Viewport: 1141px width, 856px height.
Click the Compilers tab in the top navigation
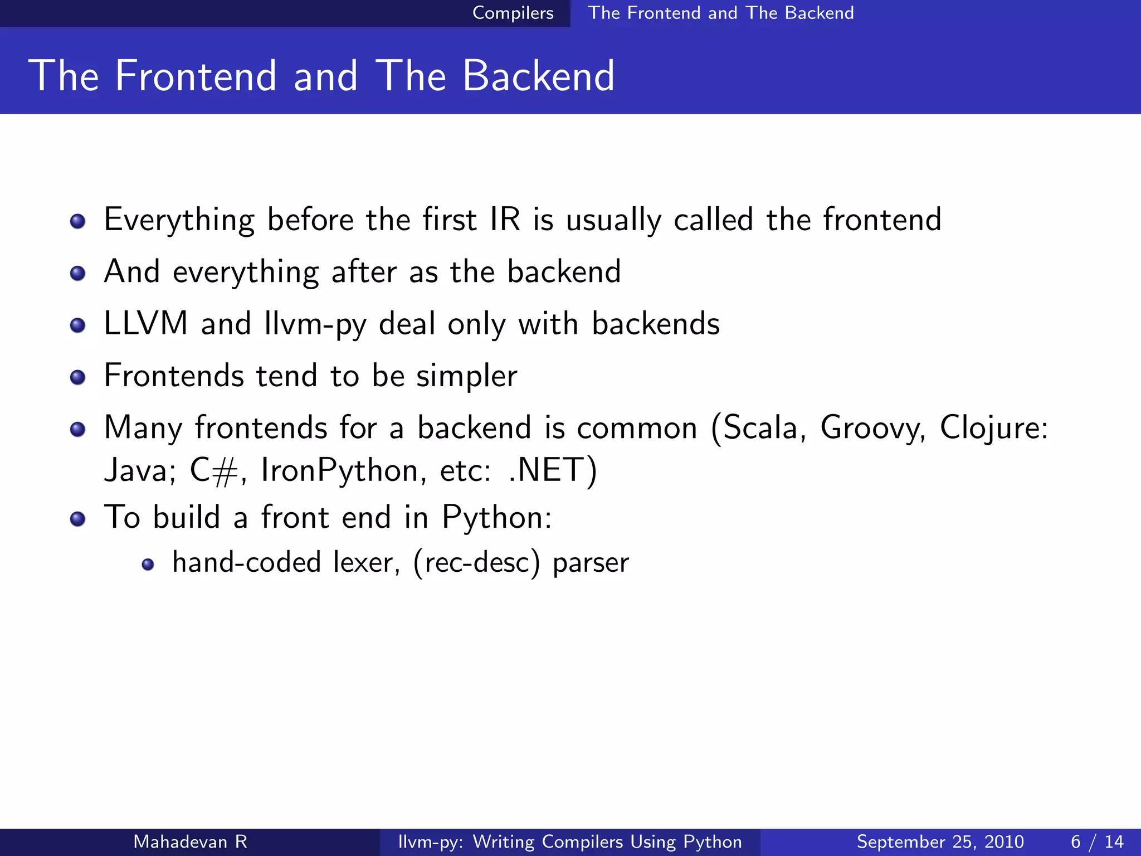[x=513, y=13]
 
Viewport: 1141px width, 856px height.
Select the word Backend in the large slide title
[x=538, y=76]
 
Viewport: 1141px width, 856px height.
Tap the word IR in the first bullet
[x=505, y=219]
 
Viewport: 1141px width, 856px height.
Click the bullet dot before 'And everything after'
[x=77, y=273]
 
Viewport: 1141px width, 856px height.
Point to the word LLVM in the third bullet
[x=146, y=323]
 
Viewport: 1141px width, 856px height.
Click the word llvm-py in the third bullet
[x=315, y=324]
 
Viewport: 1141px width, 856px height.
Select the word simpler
[x=467, y=376]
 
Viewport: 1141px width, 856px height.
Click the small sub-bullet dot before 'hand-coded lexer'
[x=148, y=565]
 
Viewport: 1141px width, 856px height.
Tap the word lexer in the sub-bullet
[x=366, y=562]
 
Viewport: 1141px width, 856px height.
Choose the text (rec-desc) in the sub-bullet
[x=476, y=562]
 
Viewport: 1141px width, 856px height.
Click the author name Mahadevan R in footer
[x=190, y=842]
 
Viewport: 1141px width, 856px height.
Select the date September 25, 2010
[x=940, y=842]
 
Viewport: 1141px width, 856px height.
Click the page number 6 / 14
[x=1096, y=842]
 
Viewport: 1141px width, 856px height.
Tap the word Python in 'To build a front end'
[x=496, y=518]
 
